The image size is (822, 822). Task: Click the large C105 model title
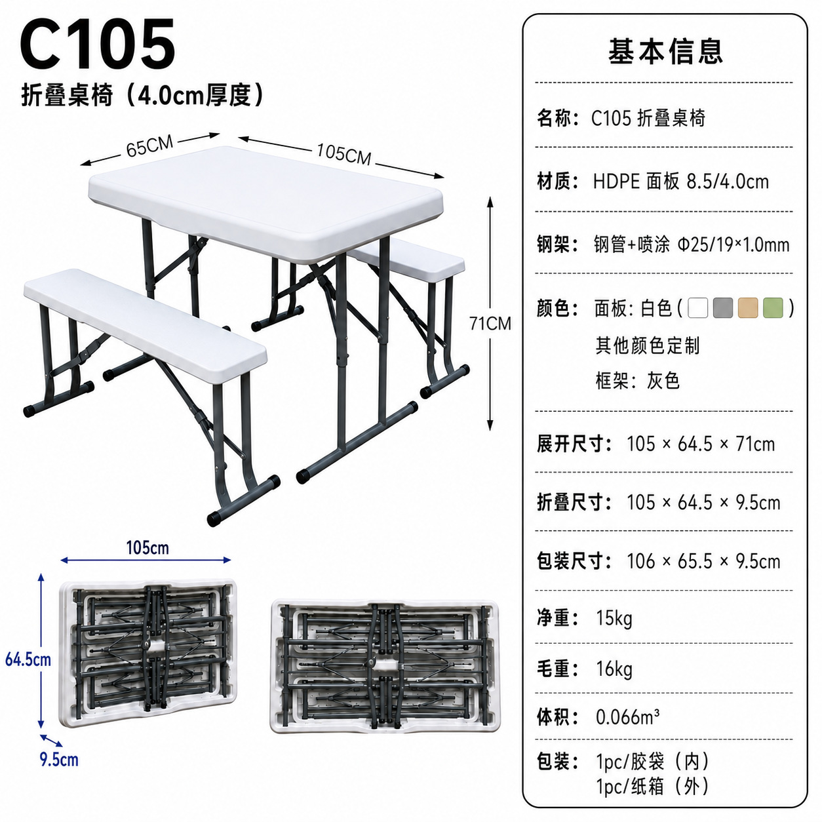[x=97, y=44]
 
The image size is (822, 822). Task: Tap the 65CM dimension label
[x=149, y=146]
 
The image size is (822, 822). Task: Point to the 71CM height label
[x=490, y=323]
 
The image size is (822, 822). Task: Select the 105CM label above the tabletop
[x=343, y=153]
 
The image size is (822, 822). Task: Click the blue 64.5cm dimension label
[x=28, y=659]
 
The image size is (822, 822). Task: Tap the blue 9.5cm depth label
[x=59, y=760]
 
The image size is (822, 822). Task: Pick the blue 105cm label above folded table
[x=147, y=548]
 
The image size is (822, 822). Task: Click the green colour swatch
[x=773, y=307]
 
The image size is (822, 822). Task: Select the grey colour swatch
[x=723, y=307]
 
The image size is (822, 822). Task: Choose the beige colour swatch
[x=748, y=307]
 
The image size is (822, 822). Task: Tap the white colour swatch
[x=698, y=307]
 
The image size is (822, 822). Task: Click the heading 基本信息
[x=665, y=51]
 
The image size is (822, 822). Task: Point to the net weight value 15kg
[x=614, y=618]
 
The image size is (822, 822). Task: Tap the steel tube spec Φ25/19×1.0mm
[x=734, y=245]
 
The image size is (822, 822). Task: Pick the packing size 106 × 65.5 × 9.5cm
[x=703, y=561]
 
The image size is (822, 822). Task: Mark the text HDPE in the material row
[x=616, y=182]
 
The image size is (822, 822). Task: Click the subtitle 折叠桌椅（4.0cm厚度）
[x=142, y=95]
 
